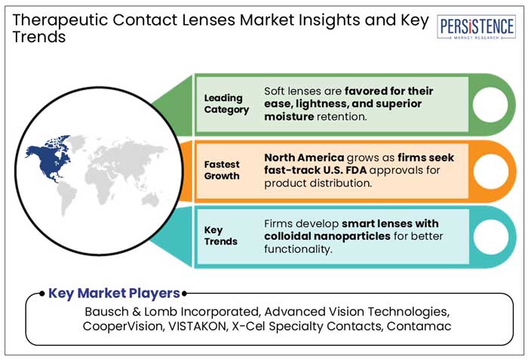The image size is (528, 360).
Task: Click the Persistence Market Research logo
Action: point(477,28)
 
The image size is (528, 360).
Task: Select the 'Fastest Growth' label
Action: point(221,170)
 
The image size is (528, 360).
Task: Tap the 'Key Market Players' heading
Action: point(114,293)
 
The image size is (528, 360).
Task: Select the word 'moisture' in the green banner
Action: point(290,117)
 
